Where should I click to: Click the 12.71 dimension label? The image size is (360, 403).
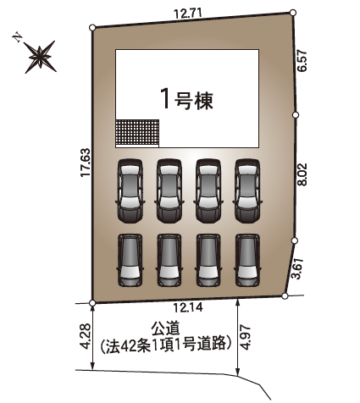(188, 14)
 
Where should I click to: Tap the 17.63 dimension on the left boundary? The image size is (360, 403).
(86, 163)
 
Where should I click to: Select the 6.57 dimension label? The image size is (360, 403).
(302, 61)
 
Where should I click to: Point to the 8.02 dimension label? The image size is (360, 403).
(302, 174)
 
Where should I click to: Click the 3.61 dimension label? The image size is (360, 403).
(298, 268)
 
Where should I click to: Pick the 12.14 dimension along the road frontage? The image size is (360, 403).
(188, 307)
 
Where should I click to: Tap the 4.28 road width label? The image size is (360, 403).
(86, 336)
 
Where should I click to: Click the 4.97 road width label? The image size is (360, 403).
(246, 337)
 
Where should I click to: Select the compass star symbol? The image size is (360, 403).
(40, 57)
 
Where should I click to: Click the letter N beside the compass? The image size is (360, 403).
(18, 37)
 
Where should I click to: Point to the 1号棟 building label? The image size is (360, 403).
(186, 99)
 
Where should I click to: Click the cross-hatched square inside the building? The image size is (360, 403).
(137, 133)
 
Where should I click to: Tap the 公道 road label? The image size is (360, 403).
(165, 328)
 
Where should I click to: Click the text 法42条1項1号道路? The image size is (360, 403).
(166, 344)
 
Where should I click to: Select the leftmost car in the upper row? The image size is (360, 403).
(130, 191)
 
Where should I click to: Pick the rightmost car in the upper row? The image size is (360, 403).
(247, 191)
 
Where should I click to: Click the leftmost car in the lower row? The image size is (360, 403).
(130, 260)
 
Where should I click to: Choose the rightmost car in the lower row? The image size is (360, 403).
(247, 260)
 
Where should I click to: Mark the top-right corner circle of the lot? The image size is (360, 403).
(293, 13)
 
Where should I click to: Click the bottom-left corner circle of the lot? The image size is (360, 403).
(92, 303)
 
